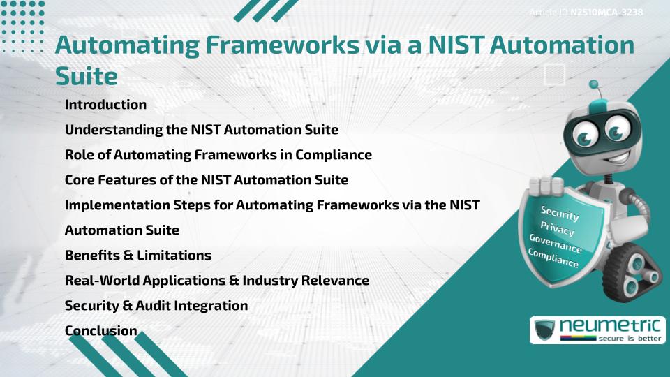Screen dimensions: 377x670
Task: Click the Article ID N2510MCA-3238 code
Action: click(x=606, y=13)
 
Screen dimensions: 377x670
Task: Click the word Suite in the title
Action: click(x=86, y=75)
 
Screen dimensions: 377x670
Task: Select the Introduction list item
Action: click(x=105, y=105)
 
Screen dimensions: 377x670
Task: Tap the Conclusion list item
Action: click(x=101, y=331)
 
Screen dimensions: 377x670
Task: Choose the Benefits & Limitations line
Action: click(x=138, y=256)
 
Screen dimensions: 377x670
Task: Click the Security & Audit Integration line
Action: click(x=156, y=306)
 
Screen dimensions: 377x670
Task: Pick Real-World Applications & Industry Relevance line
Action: click(x=217, y=281)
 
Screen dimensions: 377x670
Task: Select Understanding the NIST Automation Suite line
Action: click(x=202, y=130)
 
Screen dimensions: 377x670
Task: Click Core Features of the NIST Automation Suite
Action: click(x=207, y=180)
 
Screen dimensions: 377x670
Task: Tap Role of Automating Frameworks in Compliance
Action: click(x=218, y=155)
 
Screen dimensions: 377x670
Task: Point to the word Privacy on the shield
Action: click(x=557, y=230)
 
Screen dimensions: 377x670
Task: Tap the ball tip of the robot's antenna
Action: click(x=595, y=84)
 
